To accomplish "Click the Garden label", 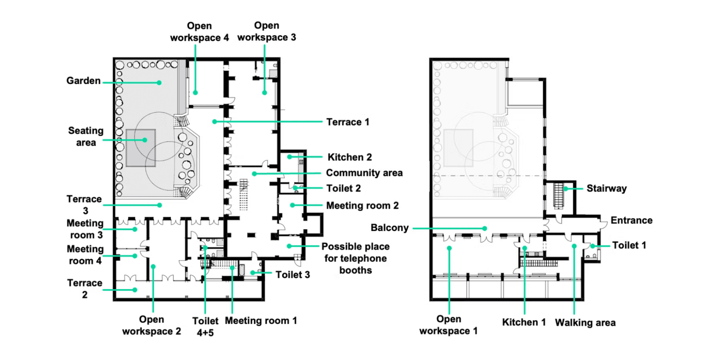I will (x=83, y=81).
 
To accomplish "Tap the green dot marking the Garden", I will (x=159, y=83).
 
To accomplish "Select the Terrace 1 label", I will (x=348, y=122).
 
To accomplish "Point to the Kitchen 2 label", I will (x=350, y=157).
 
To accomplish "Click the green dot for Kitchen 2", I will (x=289, y=157).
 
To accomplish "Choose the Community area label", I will (x=364, y=173).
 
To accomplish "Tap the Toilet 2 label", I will (x=343, y=188).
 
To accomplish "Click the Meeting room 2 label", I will (x=362, y=205).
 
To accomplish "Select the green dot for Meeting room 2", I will (x=292, y=205).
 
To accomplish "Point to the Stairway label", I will (x=607, y=188).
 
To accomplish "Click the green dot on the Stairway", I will (x=566, y=189).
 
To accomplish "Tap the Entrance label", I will (x=631, y=220).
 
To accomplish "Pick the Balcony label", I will (x=389, y=228).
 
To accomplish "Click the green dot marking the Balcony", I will (x=485, y=228).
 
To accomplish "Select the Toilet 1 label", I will (x=629, y=246).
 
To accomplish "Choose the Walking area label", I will (x=585, y=323).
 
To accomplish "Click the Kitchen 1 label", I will (x=524, y=322).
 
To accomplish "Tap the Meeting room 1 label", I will (x=261, y=321).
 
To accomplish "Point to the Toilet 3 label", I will (x=293, y=275).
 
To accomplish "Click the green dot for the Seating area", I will (x=145, y=140).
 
